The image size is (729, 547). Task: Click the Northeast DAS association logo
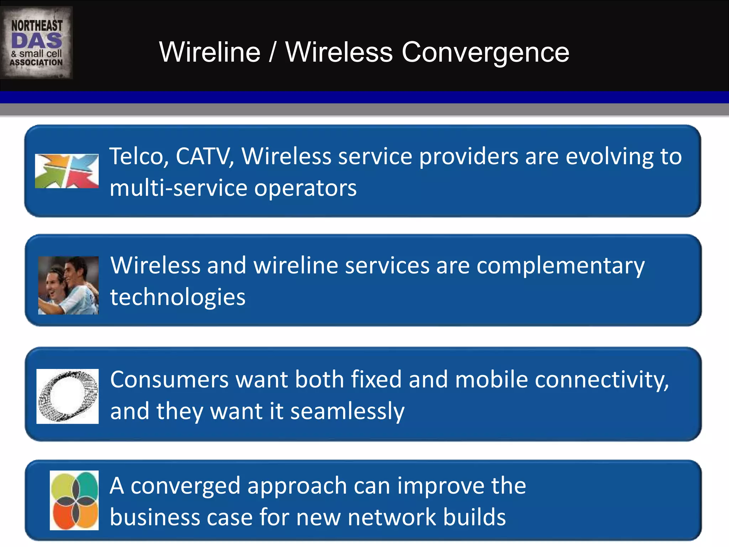coord(36,43)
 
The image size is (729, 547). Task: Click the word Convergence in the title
coord(485,52)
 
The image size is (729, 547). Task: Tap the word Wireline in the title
coord(210,52)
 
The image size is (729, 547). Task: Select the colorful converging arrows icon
coord(67,171)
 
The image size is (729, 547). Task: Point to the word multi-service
coord(178,188)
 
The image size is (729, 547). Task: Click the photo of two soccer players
coord(68,285)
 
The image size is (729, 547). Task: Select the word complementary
coord(560,266)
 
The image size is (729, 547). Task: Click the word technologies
coord(178,297)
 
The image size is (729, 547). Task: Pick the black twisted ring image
coord(68,396)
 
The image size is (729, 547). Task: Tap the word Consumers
coord(169,380)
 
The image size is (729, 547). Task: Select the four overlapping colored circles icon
coord(74,500)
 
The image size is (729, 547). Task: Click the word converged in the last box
coord(185,486)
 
